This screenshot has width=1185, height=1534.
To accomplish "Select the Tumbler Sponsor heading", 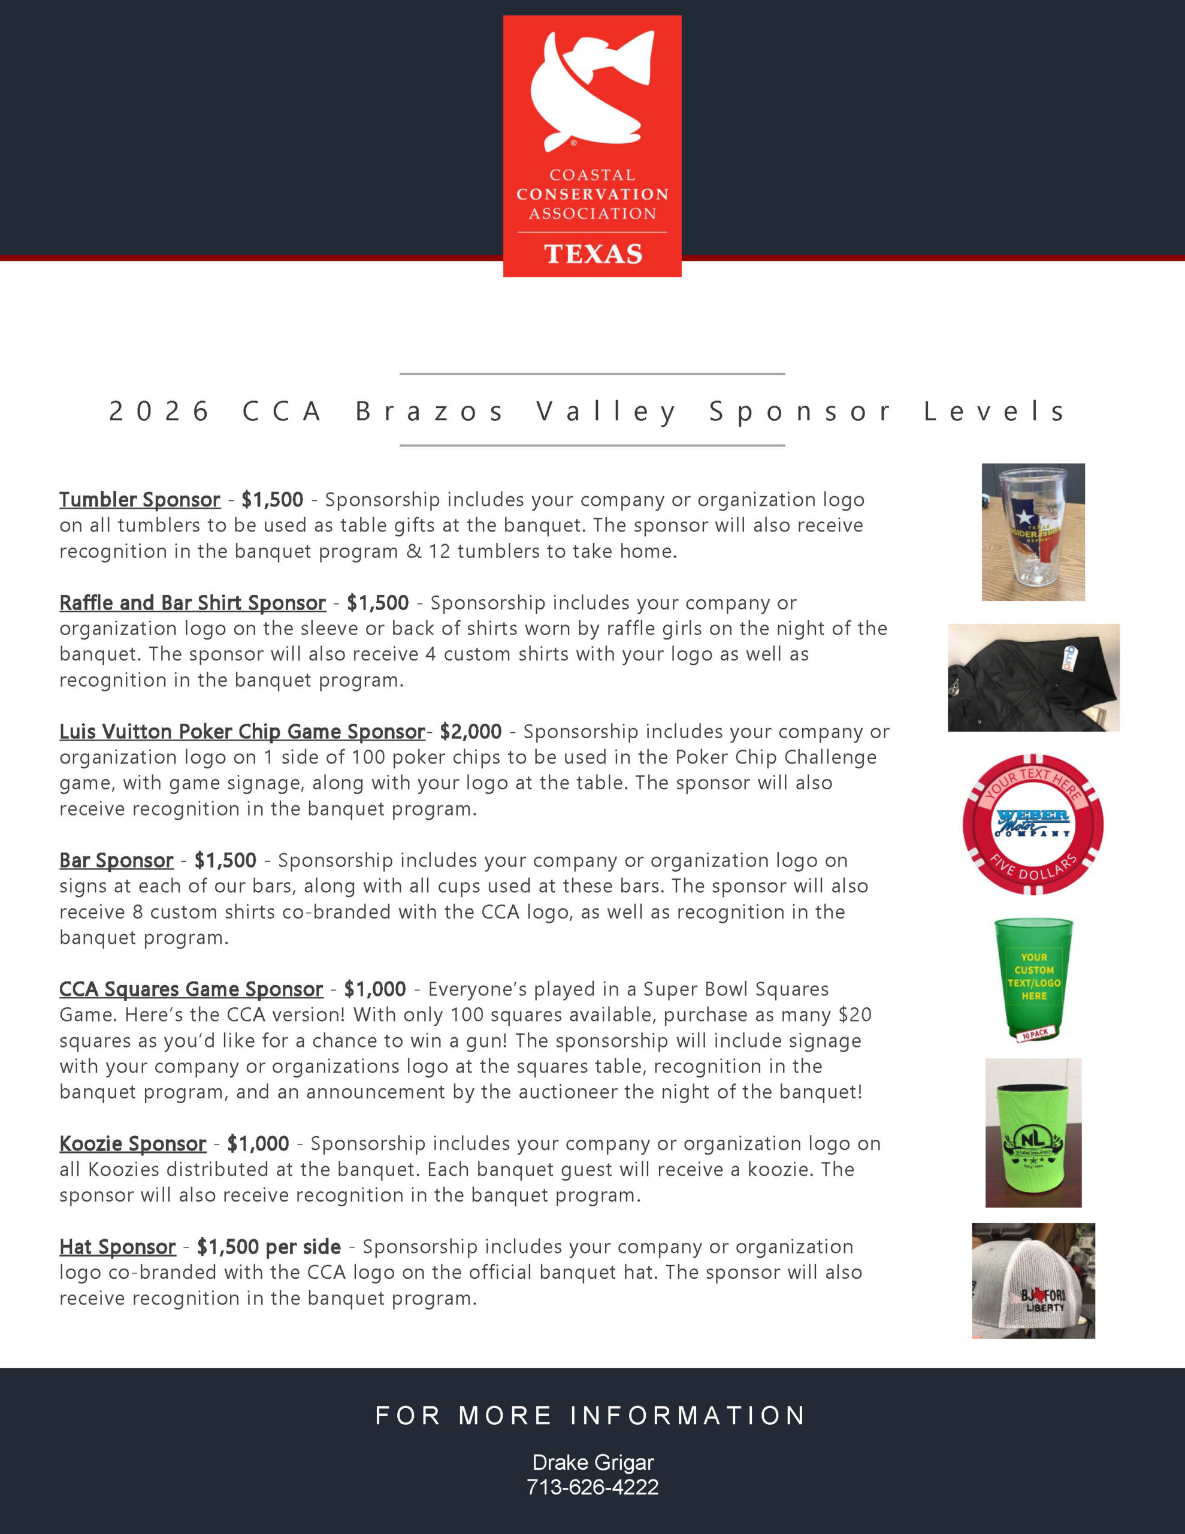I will (140, 499).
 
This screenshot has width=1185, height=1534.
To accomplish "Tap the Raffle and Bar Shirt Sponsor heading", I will (192, 603).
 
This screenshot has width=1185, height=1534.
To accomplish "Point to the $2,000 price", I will (471, 731).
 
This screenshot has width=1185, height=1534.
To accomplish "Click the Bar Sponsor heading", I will (116, 860).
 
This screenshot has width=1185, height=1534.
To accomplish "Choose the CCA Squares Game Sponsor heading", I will (191, 989).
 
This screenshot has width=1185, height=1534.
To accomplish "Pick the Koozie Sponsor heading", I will (133, 1143).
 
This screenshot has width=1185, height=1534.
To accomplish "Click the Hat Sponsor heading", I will (117, 1247).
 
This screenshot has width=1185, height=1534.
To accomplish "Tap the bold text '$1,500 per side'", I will (269, 1247).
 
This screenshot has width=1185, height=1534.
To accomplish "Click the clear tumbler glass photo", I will (1033, 532).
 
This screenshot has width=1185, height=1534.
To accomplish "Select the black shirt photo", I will (1033, 678).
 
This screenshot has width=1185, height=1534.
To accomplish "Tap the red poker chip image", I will (1033, 824).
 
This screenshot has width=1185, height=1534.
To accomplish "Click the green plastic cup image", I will (1033, 980).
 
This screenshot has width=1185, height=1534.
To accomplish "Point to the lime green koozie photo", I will (1033, 1133).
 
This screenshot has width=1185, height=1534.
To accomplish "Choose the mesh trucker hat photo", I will (1033, 1281).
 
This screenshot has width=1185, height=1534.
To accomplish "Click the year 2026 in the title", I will (159, 411).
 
